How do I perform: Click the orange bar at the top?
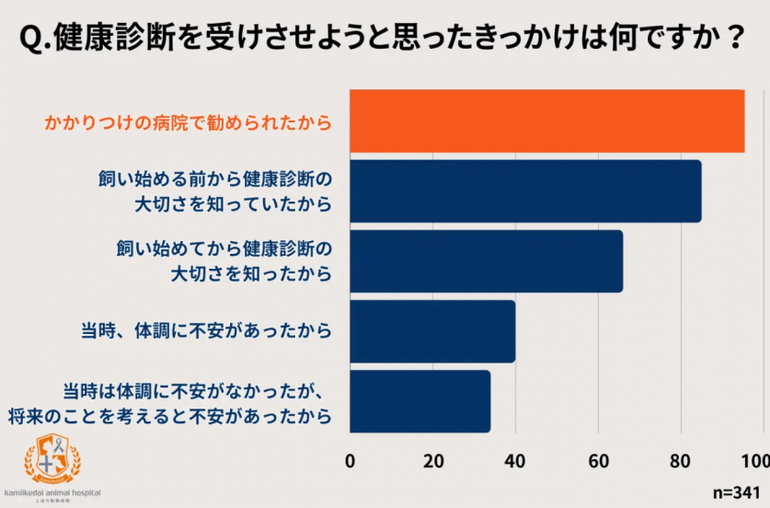tap(546, 121)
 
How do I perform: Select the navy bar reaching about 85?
tap(525, 191)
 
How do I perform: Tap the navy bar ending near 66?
tap(486, 261)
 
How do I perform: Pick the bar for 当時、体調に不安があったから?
tap(432, 331)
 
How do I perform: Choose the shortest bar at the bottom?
tap(419, 401)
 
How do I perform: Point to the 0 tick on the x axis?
tap(351, 461)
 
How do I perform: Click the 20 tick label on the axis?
tap(432, 461)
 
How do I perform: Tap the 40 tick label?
tap(515, 461)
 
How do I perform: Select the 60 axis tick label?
tap(598, 461)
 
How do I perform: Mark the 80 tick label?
tap(681, 461)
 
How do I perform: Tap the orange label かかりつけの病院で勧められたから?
tap(188, 121)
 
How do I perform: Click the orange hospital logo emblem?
tap(52, 458)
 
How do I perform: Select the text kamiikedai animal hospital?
tap(52, 493)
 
